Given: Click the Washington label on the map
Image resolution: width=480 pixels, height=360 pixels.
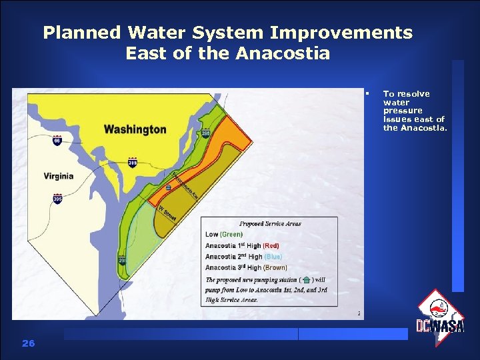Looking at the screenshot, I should (135, 129).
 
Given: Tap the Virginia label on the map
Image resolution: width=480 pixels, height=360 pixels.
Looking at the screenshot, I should (59, 177).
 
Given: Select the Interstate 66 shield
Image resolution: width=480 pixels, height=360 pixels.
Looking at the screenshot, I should (57, 141).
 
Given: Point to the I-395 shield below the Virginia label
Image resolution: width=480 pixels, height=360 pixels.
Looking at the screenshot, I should (57, 199).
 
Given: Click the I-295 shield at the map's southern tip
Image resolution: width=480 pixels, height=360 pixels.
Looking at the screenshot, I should (122, 260).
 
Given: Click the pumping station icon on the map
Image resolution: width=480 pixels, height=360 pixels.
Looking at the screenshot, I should (169, 188).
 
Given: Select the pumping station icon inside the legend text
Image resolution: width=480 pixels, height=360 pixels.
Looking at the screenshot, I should (306, 280).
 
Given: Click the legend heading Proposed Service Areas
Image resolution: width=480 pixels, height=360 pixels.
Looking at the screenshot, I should (269, 223).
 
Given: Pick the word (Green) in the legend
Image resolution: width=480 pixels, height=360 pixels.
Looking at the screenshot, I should (231, 234).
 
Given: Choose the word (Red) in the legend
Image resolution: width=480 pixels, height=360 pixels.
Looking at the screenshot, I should (271, 245).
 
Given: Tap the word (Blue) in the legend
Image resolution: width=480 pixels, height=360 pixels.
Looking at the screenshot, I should (273, 257).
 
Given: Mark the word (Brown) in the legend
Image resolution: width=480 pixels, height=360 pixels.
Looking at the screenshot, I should (275, 267).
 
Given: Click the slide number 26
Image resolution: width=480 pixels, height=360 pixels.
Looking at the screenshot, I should (28, 343).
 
